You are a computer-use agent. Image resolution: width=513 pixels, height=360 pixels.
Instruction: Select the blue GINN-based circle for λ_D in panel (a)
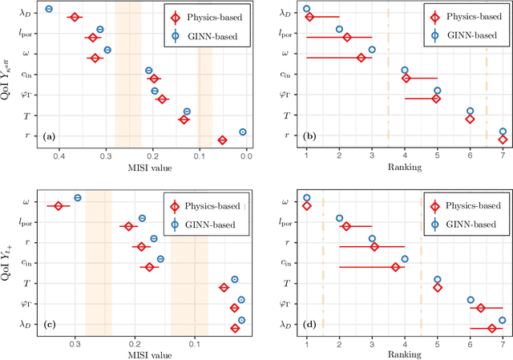[x=49, y=9]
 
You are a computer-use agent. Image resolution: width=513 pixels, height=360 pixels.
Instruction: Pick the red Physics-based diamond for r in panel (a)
[x=222, y=140]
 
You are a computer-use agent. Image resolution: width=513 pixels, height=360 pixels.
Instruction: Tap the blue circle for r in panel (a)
[x=243, y=132]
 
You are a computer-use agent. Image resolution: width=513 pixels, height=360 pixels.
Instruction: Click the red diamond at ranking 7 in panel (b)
[x=503, y=140]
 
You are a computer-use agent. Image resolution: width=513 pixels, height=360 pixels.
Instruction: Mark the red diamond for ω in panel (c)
[x=58, y=206]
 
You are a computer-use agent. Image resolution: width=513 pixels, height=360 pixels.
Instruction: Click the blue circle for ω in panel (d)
[x=306, y=197]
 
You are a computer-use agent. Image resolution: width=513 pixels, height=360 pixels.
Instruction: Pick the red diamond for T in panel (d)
[x=438, y=287]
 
